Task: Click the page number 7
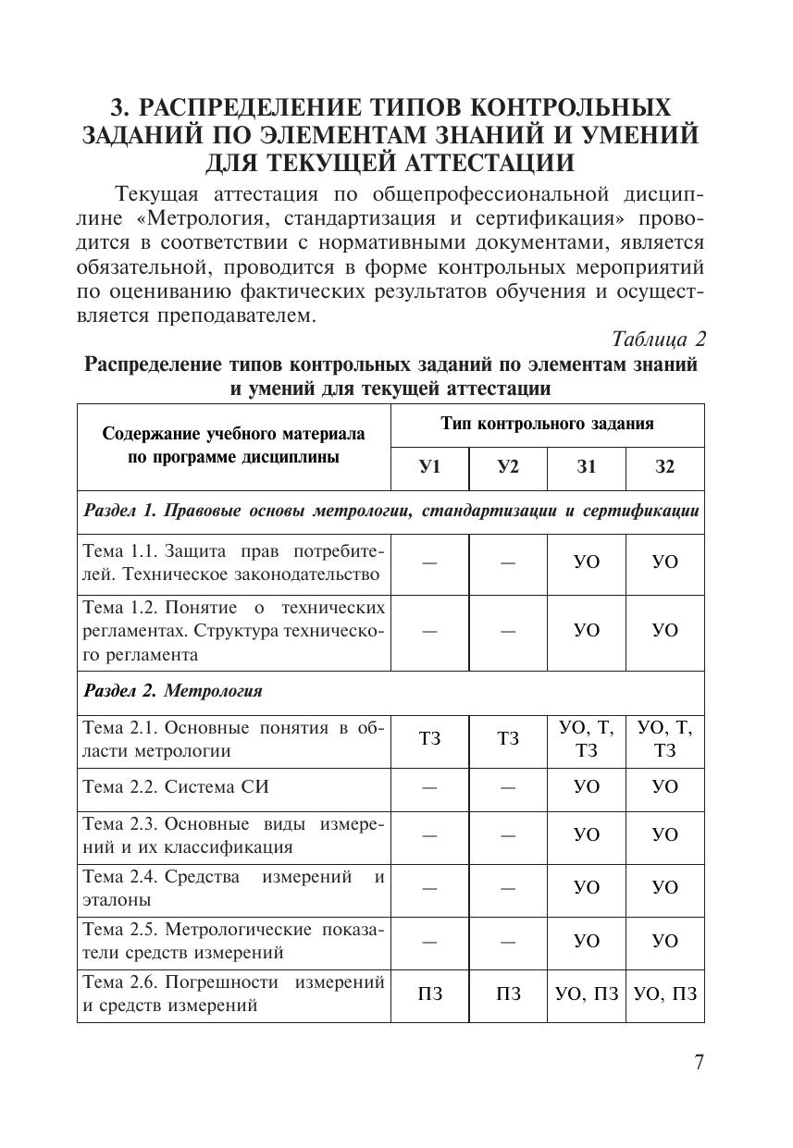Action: click(699, 1062)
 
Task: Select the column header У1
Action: click(429, 467)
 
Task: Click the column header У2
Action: click(508, 467)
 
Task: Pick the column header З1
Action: click(587, 467)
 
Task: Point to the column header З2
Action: click(664, 467)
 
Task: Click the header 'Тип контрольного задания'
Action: click(547, 425)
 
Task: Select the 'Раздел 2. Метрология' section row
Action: click(173, 691)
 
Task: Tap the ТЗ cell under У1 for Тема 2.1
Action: click(429, 739)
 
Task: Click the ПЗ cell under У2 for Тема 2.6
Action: click(508, 994)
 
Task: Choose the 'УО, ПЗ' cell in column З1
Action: click(587, 994)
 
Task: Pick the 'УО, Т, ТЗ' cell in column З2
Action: click(664, 739)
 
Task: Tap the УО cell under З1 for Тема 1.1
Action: click(587, 562)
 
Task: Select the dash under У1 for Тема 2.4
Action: click(429, 888)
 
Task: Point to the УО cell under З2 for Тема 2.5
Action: click(664, 942)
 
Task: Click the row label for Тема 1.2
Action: click(233, 631)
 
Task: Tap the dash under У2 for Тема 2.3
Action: click(508, 835)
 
